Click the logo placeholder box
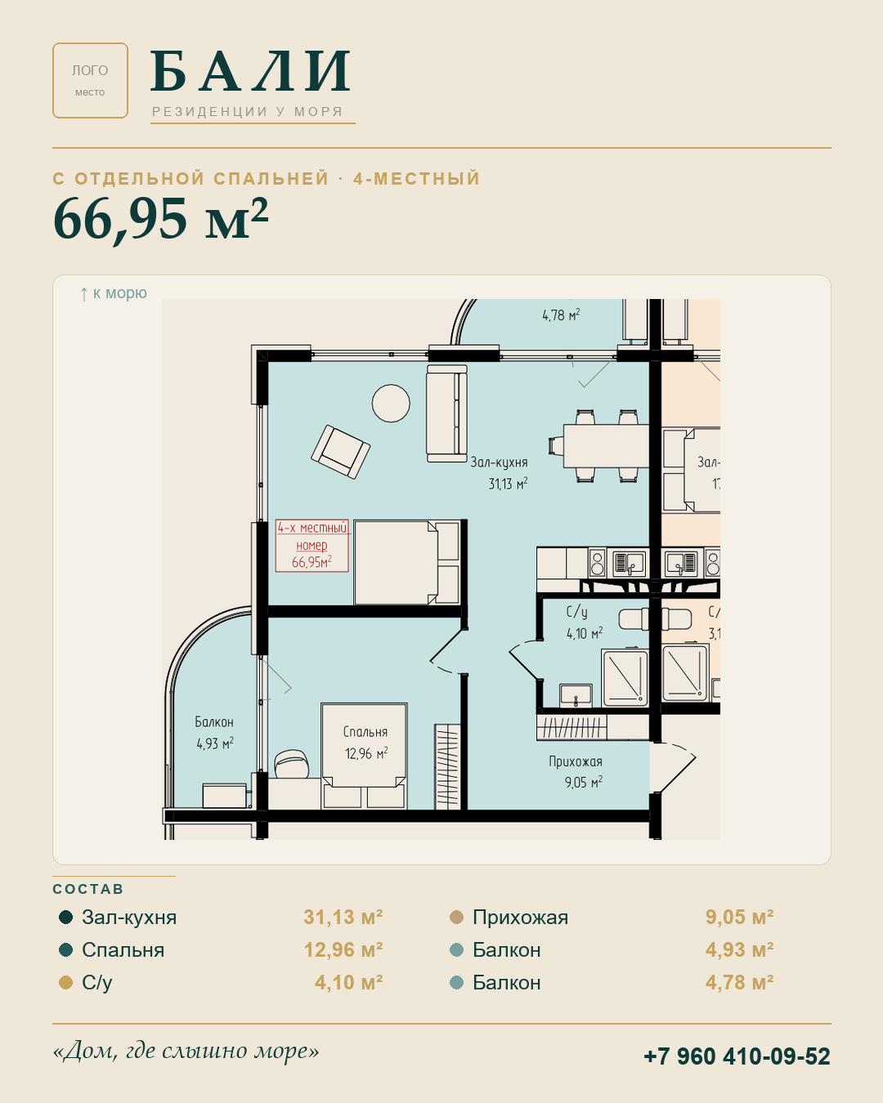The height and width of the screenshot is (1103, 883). pyautogui.click(x=90, y=80)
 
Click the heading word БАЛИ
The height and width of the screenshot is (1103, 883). pyautogui.click(x=251, y=71)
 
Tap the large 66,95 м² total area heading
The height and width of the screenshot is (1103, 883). pyautogui.click(x=160, y=218)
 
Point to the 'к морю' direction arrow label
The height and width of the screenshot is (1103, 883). pyautogui.click(x=114, y=293)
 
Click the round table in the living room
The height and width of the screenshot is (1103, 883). pyautogui.click(x=391, y=404)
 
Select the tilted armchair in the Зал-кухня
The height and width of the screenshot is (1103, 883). pyautogui.click(x=341, y=452)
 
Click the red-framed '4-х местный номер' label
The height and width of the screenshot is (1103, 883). pyautogui.click(x=312, y=545)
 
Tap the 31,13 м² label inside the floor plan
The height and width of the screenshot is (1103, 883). pyautogui.click(x=508, y=484)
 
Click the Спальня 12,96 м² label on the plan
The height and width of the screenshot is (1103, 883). pyautogui.click(x=365, y=743)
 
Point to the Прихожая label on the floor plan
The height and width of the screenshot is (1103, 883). pyautogui.click(x=576, y=761)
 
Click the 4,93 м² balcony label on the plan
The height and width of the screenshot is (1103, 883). pyautogui.click(x=215, y=744)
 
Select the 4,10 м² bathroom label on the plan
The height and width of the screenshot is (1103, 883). pyautogui.click(x=585, y=633)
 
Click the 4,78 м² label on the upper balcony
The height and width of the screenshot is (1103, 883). pyautogui.click(x=562, y=315)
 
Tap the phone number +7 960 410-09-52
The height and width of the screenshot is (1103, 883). pyautogui.click(x=737, y=1056)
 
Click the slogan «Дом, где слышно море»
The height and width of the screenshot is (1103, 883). pyautogui.click(x=186, y=1051)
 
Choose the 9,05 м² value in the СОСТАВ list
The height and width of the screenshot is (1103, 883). pyautogui.click(x=739, y=917)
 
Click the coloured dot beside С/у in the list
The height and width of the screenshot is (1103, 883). pyautogui.click(x=65, y=983)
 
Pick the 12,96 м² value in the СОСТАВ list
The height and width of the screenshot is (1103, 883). pyautogui.click(x=343, y=949)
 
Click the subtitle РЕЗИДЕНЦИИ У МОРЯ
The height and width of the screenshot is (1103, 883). pyautogui.click(x=247, y=112)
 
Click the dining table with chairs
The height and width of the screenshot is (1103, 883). pyautogui.click(x=598, y=446)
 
